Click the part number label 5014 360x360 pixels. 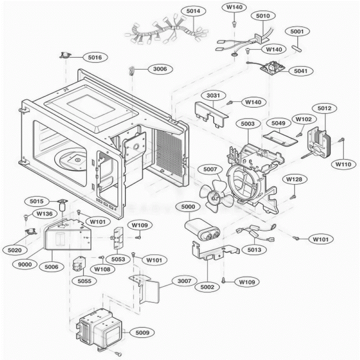click(x=193, y=11)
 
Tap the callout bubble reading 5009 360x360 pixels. click(x=142, y=332)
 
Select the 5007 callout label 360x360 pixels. click(x=210, y=169)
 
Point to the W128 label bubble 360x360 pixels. click(x=294, y=179)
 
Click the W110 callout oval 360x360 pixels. click(x=343, y=164)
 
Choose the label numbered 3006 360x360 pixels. click(x=160, y=69)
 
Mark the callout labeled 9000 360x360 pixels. click(x=25, y=264)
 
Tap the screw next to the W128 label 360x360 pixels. click(x=293, y=197)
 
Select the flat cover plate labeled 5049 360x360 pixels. click(x=280, y=138)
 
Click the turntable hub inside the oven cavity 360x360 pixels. click(x=77, y=160)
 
